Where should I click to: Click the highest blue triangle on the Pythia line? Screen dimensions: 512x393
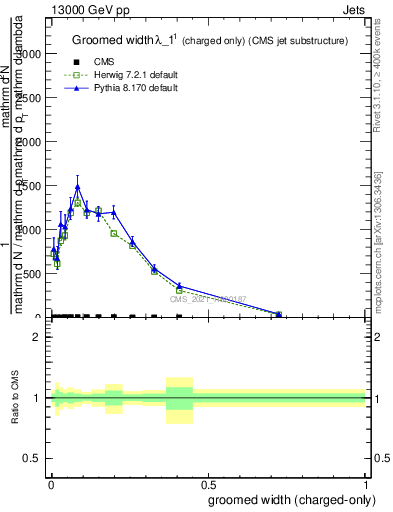[x=78, y=187]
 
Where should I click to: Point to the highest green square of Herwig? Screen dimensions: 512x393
[x=78, y=202]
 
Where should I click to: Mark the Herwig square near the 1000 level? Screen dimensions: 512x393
[x=113, y=233]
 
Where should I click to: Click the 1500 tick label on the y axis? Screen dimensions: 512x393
[x=28, y=187]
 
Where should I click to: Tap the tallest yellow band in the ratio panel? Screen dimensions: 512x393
[x=179, y=400]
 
